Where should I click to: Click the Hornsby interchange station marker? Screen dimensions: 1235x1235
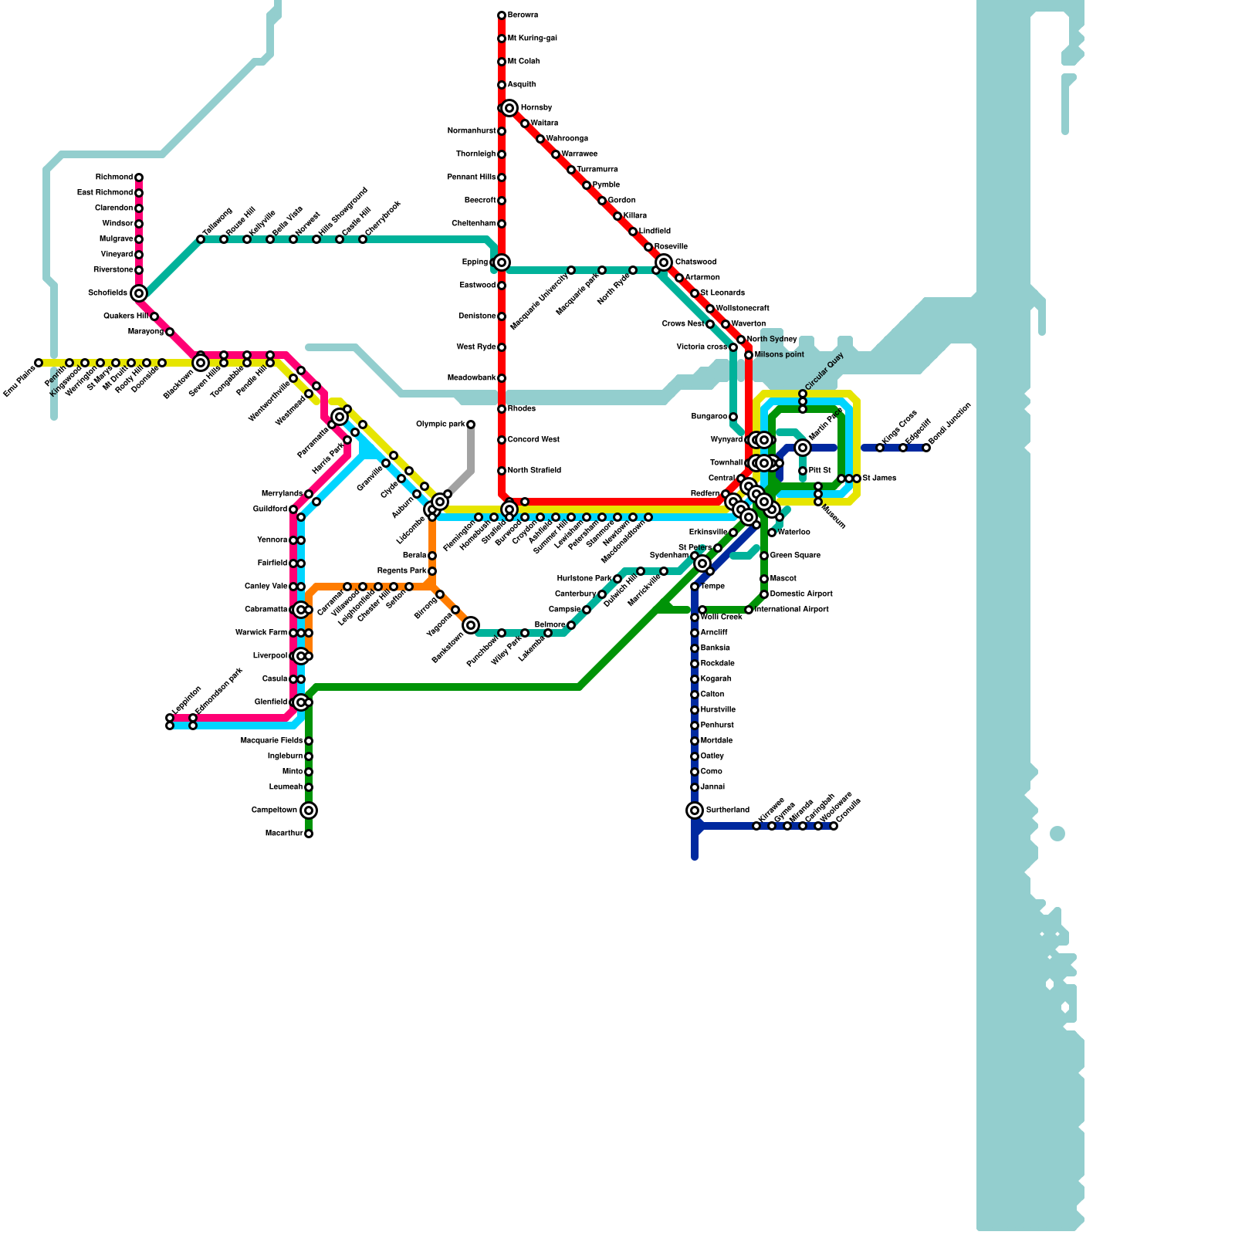(x=509, y=108)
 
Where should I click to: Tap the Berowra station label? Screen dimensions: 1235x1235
(x=523, y=15)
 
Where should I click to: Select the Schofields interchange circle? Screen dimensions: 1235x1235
(x=139, y=293)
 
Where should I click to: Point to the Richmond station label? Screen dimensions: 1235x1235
(x=114, y=178)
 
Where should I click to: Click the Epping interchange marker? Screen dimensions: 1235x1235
(x=502, y=262)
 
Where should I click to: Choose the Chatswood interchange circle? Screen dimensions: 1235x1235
(x=664, y=262)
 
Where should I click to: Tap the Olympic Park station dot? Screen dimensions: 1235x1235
(x=471, y=425)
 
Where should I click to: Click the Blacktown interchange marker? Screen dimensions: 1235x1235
(x=201, y=363)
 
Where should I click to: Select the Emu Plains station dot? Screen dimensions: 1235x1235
(x=39, y=363)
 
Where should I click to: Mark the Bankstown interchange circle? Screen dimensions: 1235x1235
(x=471, y=625)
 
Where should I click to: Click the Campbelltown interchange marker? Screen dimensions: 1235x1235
(x=309, y=810)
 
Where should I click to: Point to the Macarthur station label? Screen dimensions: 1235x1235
(x=284, y=834)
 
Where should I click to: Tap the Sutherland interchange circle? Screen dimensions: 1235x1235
(x=695, y=810)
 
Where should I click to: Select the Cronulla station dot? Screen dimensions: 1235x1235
(x=834, y=826)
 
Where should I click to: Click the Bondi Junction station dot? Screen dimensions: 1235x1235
(x=926, y=448)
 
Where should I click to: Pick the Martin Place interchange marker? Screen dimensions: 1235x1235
(x=803, y=448)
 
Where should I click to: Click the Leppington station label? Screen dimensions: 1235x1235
(x=186, y=700)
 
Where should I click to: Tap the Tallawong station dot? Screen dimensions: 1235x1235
(x=201, y=239)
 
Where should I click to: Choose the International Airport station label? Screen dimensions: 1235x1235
(x=791, y=610)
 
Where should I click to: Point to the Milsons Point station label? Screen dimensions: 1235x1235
(x=779, y=355)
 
